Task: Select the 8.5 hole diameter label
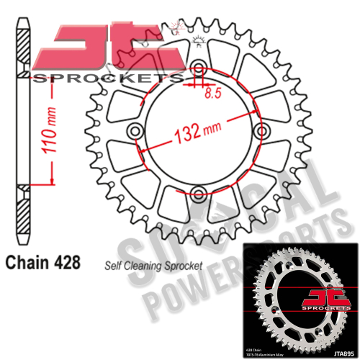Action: [x=212, y=93]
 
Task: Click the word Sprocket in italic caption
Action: [x=184, y=264]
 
